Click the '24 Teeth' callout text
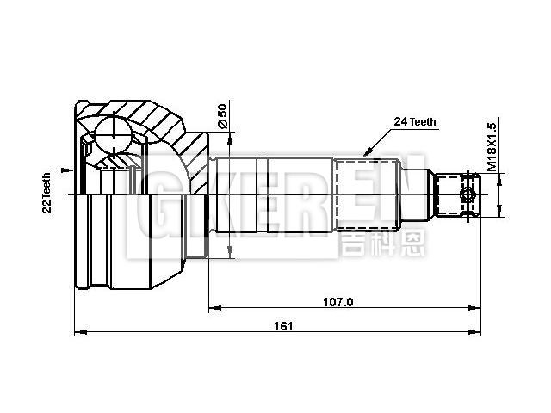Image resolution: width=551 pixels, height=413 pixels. point(415,122)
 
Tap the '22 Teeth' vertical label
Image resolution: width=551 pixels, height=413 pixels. point(47,191)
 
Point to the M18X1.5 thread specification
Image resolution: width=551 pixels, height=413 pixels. point(492,145)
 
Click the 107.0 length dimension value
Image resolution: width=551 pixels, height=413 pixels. point(338,301)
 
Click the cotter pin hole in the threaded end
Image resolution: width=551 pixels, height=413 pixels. point(468,195)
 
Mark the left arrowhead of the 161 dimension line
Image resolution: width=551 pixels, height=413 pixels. point(80,332)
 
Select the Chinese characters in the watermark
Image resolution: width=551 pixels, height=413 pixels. point(378,242)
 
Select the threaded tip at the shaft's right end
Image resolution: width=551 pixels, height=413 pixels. point(456,195)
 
